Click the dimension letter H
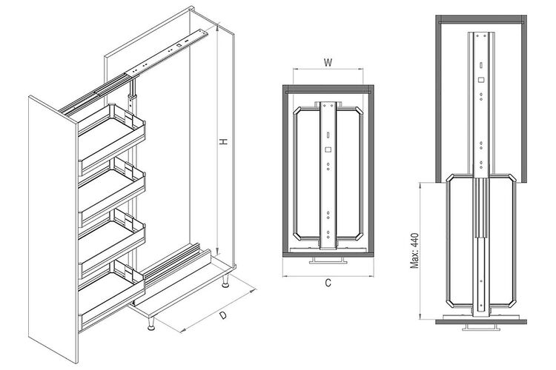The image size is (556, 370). [223, 141]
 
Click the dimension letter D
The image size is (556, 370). [222, 315]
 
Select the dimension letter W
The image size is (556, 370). [328, 63]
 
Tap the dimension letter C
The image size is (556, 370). [328, 283]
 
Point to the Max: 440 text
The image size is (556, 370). [414, 251]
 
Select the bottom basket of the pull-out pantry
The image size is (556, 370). [111, 296]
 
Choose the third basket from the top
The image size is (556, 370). [111, 243]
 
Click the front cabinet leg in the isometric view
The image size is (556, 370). [151, 323]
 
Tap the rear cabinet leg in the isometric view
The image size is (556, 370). [225, 280]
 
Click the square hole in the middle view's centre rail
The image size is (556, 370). [328, 149]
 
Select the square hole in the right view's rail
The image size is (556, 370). [481, 80]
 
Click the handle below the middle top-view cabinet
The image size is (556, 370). [328, 260]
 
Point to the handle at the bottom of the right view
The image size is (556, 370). [481, 328]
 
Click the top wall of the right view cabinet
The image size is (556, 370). [481, 18]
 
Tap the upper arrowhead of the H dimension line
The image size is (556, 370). [217, 25]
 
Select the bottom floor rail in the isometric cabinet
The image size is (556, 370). [172, 275]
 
